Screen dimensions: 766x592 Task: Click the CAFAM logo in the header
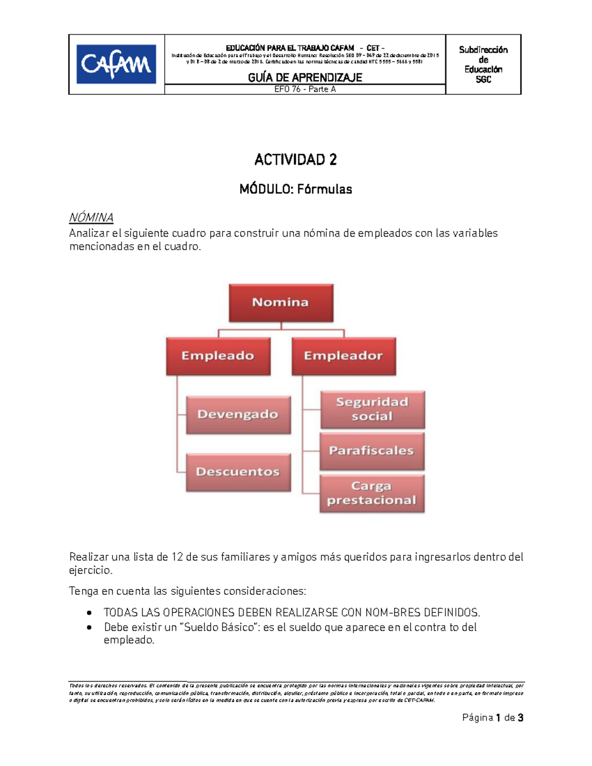[x=116, y=64]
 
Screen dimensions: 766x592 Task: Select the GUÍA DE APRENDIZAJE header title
[x=305, y=77]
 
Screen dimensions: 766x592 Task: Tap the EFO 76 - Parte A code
[x=305, y=89]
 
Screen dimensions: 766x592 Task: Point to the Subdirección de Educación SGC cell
[x=483, y=65]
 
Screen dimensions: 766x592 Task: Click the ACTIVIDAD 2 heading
[x=296, y=160]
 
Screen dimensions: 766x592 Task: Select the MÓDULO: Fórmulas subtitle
[x=296, y=189]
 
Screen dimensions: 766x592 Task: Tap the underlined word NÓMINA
[x=91, y=218]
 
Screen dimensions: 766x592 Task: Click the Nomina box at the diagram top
[x=281, y=302]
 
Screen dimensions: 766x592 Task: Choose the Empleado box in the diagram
[x=218, y=356]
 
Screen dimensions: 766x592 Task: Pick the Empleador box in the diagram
[x=343, y=356]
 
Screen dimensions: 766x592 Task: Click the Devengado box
[x=238, y=414]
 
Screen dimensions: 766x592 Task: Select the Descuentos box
[x=238, y=472]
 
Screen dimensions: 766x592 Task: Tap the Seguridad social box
[x=372, y=409]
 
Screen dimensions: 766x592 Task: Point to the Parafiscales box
[x=371, y=451]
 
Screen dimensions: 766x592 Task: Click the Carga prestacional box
[x=371, y=493]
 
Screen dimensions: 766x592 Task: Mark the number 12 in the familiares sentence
[x=177, y=557]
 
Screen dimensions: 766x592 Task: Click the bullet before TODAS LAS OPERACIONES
[x=89, y=613]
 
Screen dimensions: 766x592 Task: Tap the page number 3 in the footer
[x=520, y=718]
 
